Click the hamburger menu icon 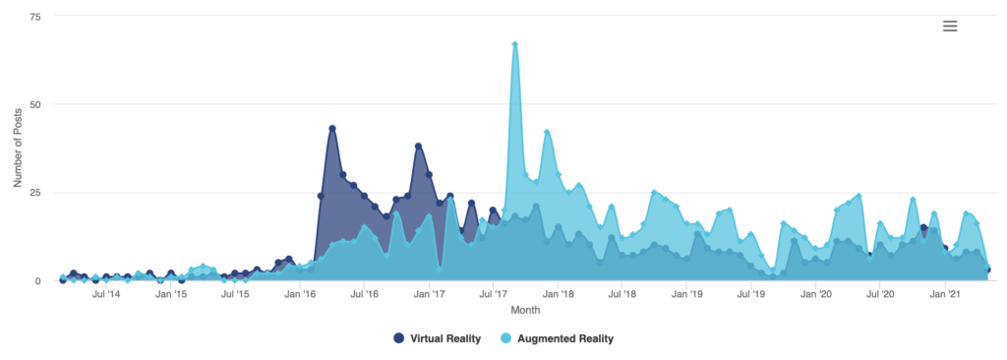click(x=950, y=26)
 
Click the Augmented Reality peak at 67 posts click(x=515, y=44)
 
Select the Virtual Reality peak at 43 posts click(x=332, y=129)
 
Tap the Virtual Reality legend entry click(x=438, y=338)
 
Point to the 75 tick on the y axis click(x=35, y=18)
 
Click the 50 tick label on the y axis click(x=35, y=104)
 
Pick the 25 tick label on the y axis click(x=35, y=192)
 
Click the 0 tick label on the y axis click(x=38, y=280)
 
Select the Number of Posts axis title click(x=19, y=148)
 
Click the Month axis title click(x=524, y=310)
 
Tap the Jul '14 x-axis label click(x=106, y=294)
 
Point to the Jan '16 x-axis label click(x=300, y=294)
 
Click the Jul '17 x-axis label click(x=494, y=294)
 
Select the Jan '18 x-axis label click(x=559, y=294)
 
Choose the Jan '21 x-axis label click(x=945, y=294)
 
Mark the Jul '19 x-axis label click(x=751, y=294)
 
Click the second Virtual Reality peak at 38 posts click(x=419, y=147)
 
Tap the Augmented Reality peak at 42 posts click(x=548, y=133)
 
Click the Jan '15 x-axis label click(x=171, y=294)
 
